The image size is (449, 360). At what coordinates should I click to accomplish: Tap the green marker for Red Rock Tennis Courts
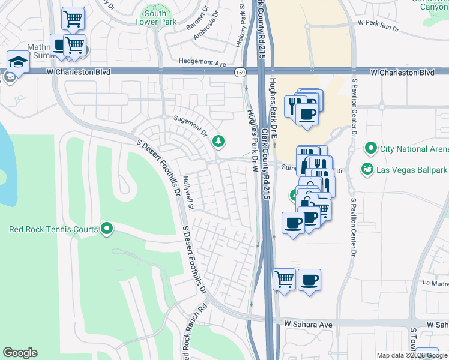click(x=107, y=229)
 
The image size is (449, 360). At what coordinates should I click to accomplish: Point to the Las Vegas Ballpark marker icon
click(x=367, y=170)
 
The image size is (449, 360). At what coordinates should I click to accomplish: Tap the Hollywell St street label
click(x=188, y=192)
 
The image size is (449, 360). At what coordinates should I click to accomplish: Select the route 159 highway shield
click(x=240, y=72)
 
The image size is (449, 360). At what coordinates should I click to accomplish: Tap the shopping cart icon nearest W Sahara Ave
click(x=284, y=279)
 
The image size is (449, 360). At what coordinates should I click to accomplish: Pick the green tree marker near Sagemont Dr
click(x=220, y=141)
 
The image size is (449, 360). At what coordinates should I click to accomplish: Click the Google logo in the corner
click(x=20, y=353)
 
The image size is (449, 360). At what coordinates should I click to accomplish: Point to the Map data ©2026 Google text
click(x=411, y=355)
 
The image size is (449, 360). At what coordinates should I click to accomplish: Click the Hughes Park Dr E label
click(x=274, y=108)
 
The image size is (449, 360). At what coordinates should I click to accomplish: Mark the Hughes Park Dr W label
click(x=253, y=133)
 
